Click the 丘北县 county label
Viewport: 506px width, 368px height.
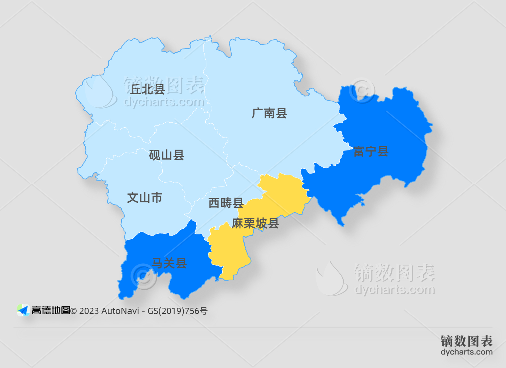pyautogui.click(x=147, y=89)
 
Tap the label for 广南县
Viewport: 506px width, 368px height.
pyautogui.click(x=269, y=113)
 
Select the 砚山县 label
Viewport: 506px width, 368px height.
pyautogui.click(x=167, y=155)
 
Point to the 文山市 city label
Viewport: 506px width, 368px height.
pyautogui.click(x=145, y=198)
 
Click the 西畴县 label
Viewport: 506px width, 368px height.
pyautogui.click(x=226, y=203)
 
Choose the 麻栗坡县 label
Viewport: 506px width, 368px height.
pyautogui.click(x=255, y=223)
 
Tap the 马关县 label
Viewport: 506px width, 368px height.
pyautogui.click(x=169, y=263)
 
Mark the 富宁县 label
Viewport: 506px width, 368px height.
pyautogui.click(x=371, y=152)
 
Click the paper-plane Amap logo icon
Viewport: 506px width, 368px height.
pyautogui.click(x=23, y=310)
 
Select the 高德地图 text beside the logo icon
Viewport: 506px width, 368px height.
pyautogui.click(x=51, y=310)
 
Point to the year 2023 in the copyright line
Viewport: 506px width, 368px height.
pyautogui.click(x=89, y=311)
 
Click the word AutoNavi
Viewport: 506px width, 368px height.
pyautogui.click(x=120, y=311)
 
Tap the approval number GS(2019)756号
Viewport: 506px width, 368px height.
pyautogui.click(x=177, y=311)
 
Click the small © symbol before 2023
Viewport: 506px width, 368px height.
pyautogui.click(x=74, y=311)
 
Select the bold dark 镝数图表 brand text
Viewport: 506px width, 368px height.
pyautogui.click(x=466, y=341)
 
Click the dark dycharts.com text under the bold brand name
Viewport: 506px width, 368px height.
pyautogui.click(x=466, y=352)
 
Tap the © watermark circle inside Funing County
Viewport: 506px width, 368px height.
pyautogui.click(x=362, y=90)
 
